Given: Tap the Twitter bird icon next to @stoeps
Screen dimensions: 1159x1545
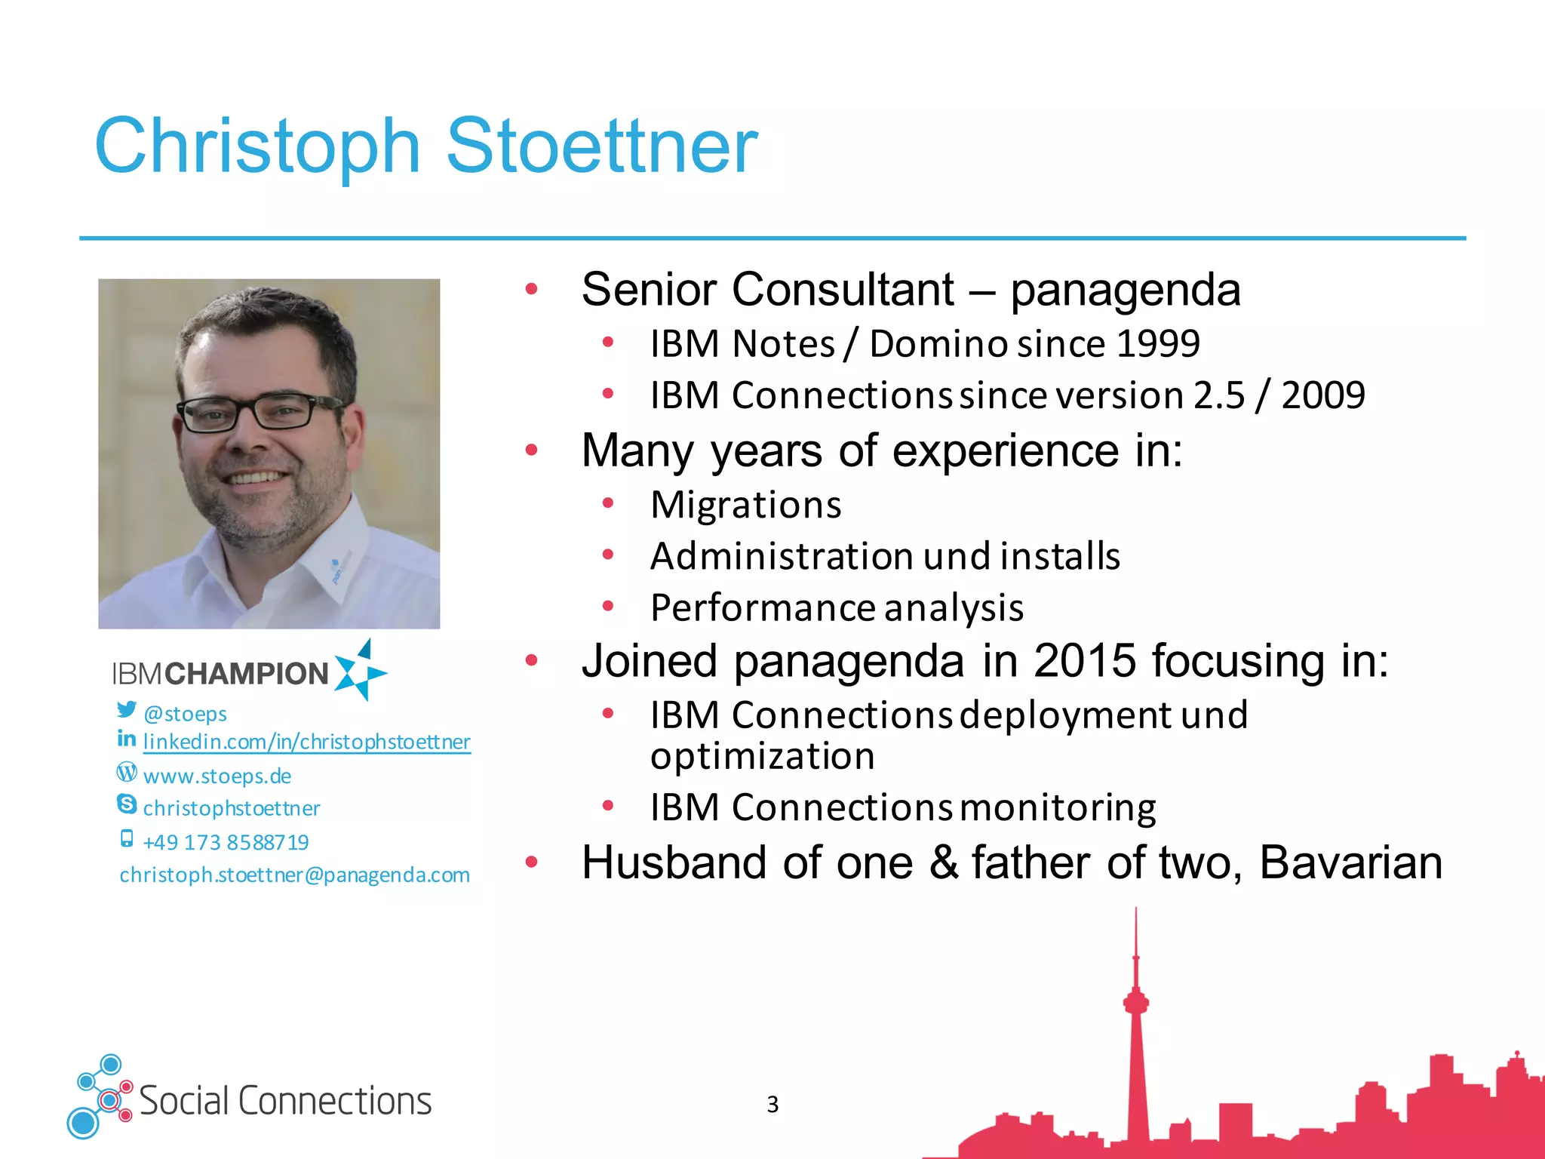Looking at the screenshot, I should [127, 710].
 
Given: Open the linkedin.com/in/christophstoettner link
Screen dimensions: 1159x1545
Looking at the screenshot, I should [306, 742].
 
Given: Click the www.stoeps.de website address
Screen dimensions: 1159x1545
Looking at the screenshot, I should [217, 776].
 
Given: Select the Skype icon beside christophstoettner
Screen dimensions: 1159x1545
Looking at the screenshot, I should [127, 804].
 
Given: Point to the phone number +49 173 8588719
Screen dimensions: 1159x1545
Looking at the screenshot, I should [226, 842].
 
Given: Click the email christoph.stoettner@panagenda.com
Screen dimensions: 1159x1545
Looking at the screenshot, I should [294, 875].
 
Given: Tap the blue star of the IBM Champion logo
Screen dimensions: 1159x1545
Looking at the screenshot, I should [360, 671].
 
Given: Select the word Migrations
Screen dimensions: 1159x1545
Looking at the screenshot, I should [745, 505].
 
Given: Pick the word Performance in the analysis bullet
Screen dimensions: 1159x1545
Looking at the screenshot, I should [762, 608].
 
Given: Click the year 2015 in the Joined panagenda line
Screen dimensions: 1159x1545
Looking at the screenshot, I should [1084, 661].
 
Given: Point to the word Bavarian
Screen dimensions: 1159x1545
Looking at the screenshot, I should [1350, 862].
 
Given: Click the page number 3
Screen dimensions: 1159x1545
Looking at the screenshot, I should [772, 1104].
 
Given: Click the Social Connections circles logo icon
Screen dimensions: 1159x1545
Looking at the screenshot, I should [99, 1097].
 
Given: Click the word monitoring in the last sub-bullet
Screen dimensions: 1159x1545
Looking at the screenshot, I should [1058, 807].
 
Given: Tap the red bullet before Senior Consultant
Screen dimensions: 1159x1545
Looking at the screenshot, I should [532, 289].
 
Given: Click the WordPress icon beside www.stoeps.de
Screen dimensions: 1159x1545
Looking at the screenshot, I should [127, 772].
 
